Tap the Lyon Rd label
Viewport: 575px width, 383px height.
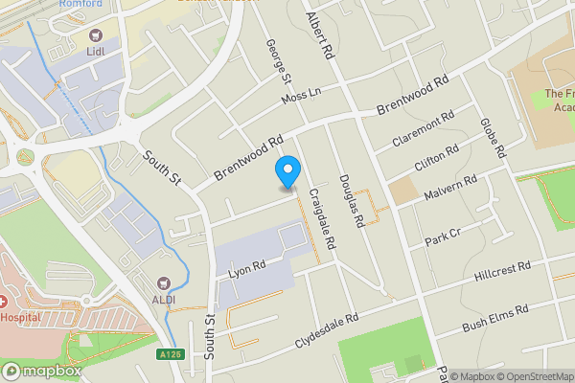(x=246, y=268)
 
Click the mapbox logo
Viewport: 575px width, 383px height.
(x=41, y=371)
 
